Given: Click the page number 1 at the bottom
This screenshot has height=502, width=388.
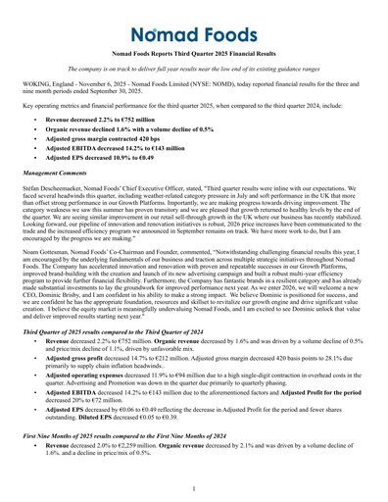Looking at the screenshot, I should [194, 487].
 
